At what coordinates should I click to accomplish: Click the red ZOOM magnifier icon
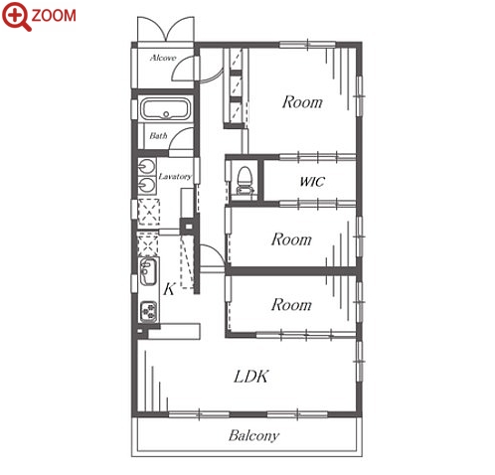(x=16, y=16)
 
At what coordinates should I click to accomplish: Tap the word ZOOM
(x=54, y=16)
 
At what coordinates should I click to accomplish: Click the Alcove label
(x=163, y=58)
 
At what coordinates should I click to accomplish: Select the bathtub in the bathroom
(x=166, y=108)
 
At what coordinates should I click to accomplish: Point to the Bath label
(x=158, y=135)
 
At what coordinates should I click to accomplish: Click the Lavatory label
(x=175, y=176)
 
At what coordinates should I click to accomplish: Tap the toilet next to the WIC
(x=245, y=180)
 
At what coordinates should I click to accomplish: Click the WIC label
(x=312, y=182)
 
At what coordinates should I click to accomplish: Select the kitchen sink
(x=148, y=271)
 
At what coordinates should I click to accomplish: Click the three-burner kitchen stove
(x=148, y=311)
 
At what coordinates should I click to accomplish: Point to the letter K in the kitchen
(x=169, y=289)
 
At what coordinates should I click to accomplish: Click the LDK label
(x=250, y=377)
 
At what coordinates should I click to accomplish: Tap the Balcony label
(x=253, y=435)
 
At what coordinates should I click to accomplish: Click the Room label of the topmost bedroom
(x=302, y=101)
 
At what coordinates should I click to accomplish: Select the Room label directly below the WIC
(x=291, y=239)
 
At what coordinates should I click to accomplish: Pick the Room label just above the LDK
(x=291, y=304)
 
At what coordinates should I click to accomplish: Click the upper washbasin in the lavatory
(x=147, y=166)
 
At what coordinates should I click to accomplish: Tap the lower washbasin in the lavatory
(x=147, y=185)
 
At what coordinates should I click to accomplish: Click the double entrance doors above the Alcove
(x=166, y=29)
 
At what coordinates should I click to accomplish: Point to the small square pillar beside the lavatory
(x=188, y=227)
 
